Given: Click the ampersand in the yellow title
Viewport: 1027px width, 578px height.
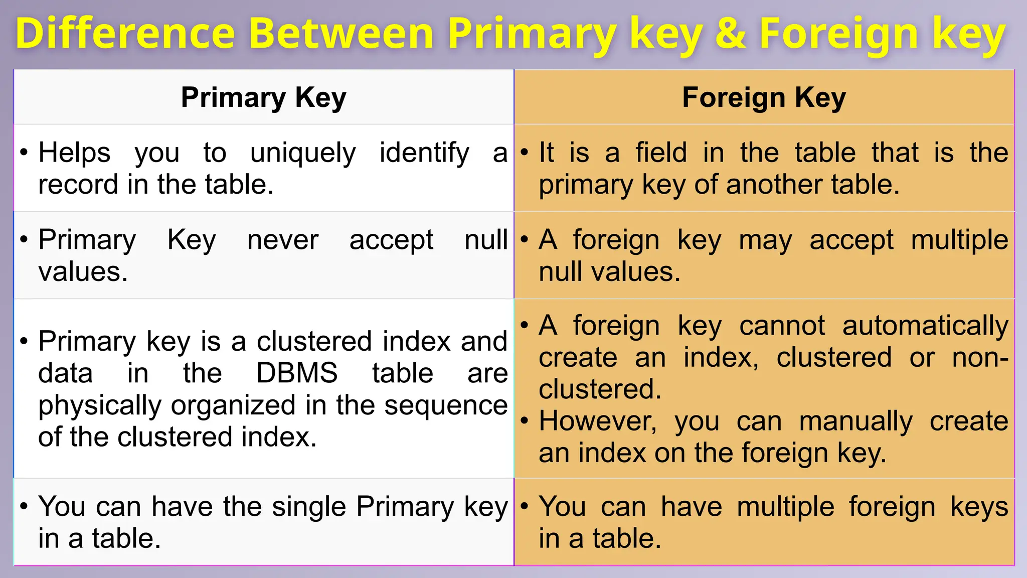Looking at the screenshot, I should coord(731,34).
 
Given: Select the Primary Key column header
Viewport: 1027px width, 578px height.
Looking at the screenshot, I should coord(263,97).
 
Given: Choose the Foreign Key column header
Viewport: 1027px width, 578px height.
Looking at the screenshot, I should coord(764,97).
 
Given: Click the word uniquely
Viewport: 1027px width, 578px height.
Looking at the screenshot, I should coord(303,153).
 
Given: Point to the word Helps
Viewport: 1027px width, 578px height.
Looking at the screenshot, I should coord(74,153).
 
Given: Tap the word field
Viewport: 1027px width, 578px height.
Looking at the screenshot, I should coord(661,153).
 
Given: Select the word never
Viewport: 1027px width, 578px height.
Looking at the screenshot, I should coord(283,240).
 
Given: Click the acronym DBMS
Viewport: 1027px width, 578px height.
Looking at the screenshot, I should coord(297,373).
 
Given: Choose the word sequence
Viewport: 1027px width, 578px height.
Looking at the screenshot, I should coord(446,406).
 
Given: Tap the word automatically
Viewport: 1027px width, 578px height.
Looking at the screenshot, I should coord(925,326).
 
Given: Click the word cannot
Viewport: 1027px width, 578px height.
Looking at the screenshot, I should coord(782,326).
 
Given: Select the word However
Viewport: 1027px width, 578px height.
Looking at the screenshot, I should coord(597,421).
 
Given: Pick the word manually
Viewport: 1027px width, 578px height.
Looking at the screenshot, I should coord(855,422).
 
